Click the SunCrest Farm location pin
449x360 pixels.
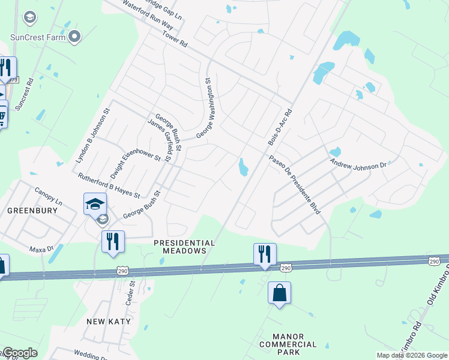pyautogui.click(x=75, y=37)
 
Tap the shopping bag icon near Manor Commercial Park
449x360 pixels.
pyautogui.click(x=279, y=293)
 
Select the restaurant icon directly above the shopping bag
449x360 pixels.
pyautogui.click(x=265, y=254)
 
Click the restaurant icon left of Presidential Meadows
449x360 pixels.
pyautogui.click(x=113, y=242)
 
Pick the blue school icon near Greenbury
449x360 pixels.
pyautogui.click(x=95, y=205)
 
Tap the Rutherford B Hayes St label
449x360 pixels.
pyautogui.click(x=109, y=185)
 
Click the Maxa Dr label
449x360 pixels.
pyautogui.click(x=41, y=248)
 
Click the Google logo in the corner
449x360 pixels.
pyautogui.click(x=20, y=352)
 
